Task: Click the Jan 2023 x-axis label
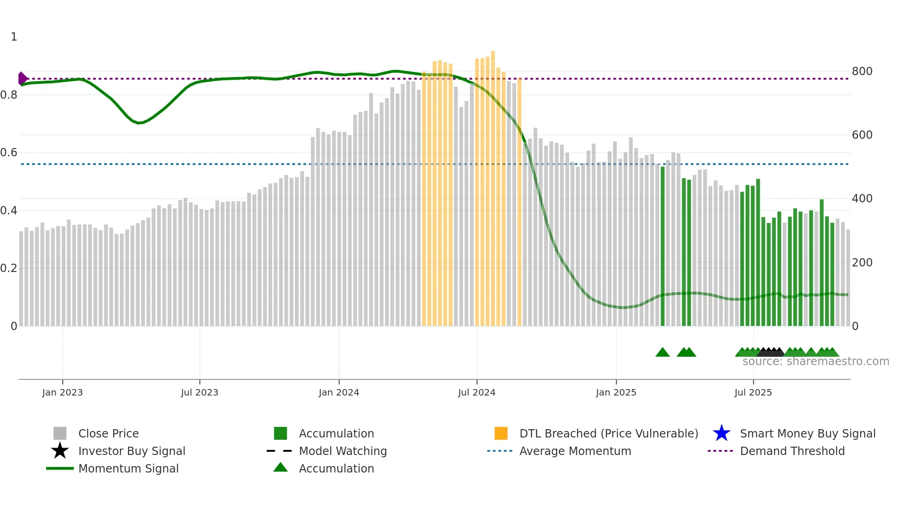point(62,392)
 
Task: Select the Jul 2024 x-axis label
point(476,392)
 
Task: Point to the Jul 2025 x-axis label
point(753,392)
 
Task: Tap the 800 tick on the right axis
point(862,71)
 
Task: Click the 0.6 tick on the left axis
point(9,153)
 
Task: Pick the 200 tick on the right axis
point(862,263)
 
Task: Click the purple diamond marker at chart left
point(22,78)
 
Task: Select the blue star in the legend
point(721,433)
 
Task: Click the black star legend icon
point(60,451)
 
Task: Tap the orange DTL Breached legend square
point(501,433)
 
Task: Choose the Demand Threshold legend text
point(792,451)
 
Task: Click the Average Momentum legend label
point(575,451)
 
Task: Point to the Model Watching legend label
point(343,451)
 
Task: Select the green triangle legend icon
point(280,467)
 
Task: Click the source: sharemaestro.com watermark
point(815,361)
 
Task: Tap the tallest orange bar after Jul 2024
point(493,184)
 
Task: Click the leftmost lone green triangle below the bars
point(662,353)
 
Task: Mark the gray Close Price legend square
point(60,433)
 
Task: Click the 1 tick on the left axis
point(14,37)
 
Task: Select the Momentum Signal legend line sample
point(60,468)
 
